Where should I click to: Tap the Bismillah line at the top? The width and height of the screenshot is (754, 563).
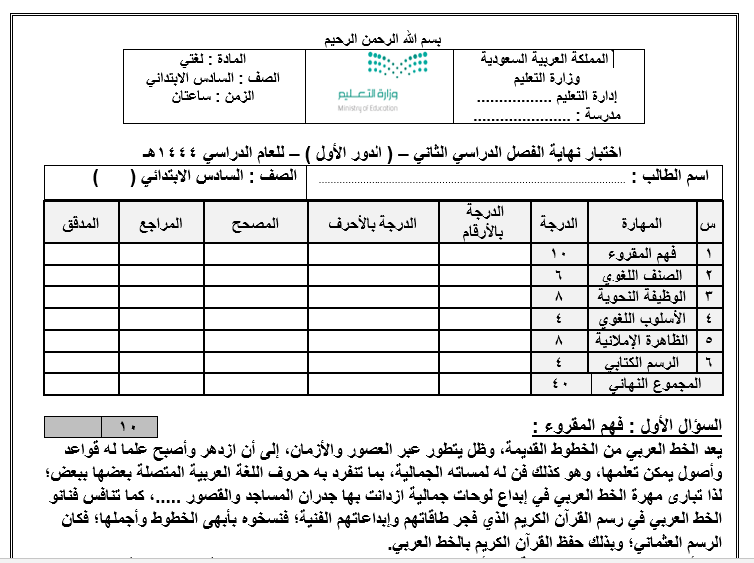coord(377,39)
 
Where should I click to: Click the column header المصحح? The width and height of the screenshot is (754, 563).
coord(257,223)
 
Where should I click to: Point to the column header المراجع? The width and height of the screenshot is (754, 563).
coord(161,223)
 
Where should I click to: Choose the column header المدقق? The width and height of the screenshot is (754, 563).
coord(81,223)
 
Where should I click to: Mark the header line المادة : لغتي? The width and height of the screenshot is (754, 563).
coord(237,59)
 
